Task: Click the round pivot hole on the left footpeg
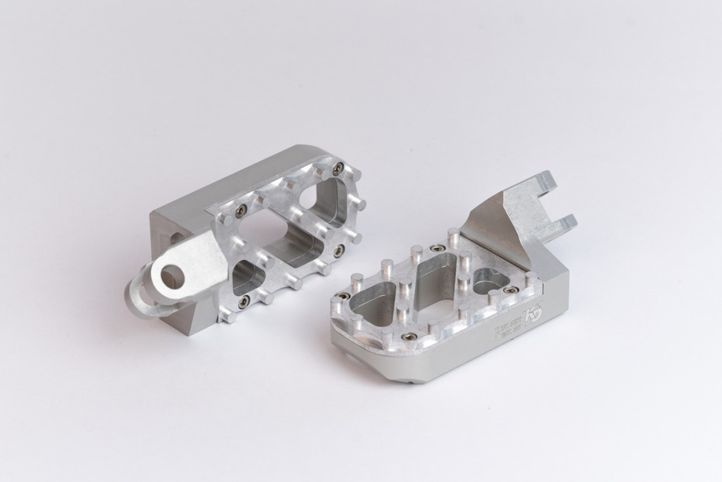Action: tap(171, 275)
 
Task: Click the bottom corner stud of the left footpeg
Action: tap(228, 316)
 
